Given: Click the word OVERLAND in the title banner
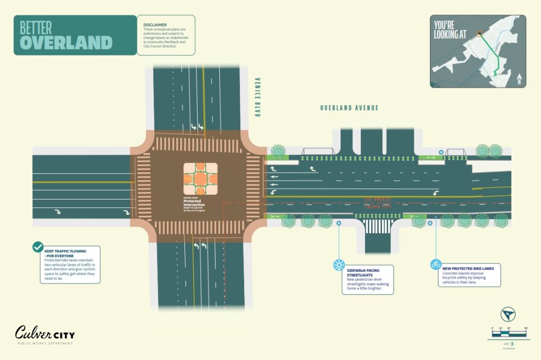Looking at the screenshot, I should point(67,42).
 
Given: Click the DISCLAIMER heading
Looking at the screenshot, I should point(155,24).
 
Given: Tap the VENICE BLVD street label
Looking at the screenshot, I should point(257,97).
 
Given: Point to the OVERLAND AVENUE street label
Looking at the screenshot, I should point(349,108).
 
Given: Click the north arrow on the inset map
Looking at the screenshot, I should point(519,79).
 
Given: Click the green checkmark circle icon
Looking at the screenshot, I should point(38,247).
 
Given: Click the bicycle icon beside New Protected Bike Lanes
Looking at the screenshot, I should point(436,264).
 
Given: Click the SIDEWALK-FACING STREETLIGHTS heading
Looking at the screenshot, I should point(363,273).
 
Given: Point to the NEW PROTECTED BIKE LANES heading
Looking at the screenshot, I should point(469,269).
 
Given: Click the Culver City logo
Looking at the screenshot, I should point(45,333).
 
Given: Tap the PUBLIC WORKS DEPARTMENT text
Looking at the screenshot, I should point(44,344).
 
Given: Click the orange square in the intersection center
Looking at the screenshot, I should point(200,179).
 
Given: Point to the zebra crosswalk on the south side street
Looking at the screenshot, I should point(377,226).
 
